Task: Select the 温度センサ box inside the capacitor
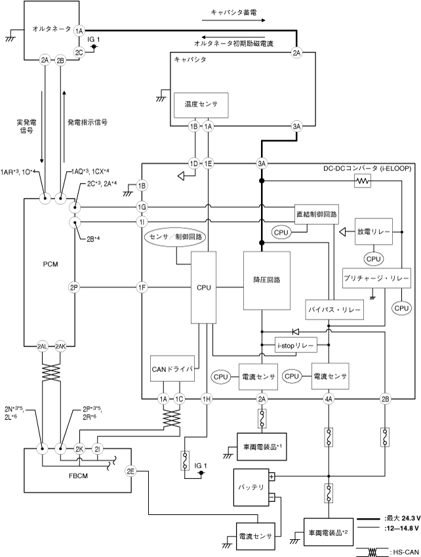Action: click(x=201, y=104)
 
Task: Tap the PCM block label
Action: click(x=50, y=264)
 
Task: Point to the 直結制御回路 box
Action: click(x=317, y=215)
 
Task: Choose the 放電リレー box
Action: click(x=373, y=232)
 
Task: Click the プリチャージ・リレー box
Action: click(x=376, y=279)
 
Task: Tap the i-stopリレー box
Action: click(x=293, y=344)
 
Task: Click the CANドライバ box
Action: click(x=172, y=367)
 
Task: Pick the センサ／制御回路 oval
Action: click(x=176, y=236)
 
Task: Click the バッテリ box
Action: click(x=251, y=487)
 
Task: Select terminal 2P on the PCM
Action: click(x=74, y=287)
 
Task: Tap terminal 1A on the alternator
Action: click(x=80, y=31)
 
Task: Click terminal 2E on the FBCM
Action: click(x=130, y=471)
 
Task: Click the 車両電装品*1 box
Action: click(x=263, y=447)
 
